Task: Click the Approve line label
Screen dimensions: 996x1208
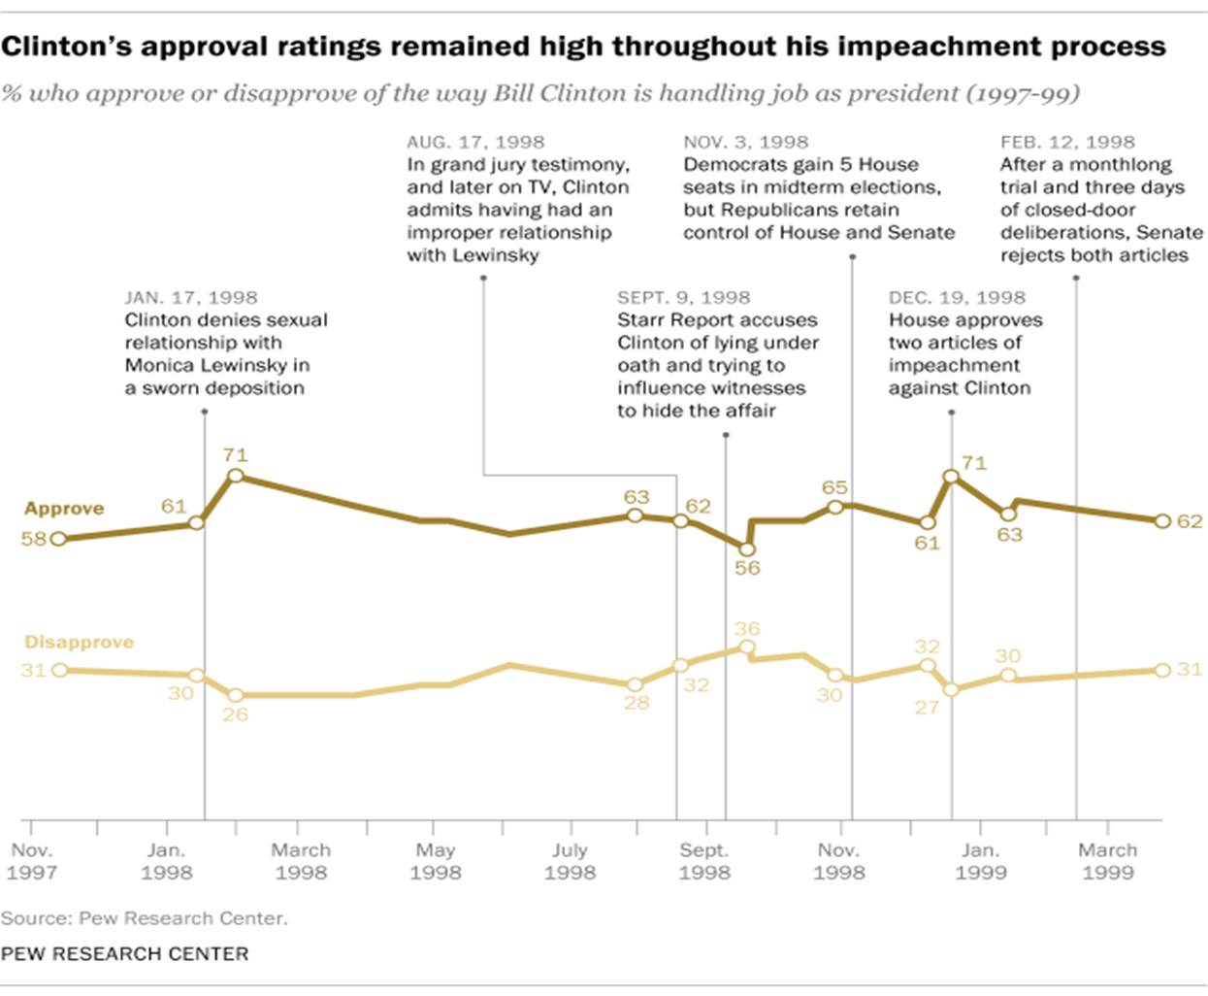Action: [64, 509]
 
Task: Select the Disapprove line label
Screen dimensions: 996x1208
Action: [79, 643]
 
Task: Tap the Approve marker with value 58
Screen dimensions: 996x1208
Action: [58, 539]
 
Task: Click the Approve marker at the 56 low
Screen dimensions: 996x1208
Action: [746, 549]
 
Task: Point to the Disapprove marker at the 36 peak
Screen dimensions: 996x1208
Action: [746, 647]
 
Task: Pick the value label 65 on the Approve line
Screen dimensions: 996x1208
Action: [834, 487]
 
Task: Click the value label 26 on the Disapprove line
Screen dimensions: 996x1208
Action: [235, 714]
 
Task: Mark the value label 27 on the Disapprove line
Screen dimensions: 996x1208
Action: [927, 708]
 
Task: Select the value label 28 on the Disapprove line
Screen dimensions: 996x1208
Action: [636, 702]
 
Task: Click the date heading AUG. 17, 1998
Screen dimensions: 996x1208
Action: [475, 142]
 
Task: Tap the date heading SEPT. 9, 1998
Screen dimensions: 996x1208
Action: [683, 298]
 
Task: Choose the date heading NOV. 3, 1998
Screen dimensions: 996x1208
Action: [745, 142]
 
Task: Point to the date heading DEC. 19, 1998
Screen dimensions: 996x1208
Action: [957, 298]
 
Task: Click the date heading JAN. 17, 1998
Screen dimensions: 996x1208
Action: [191, 298]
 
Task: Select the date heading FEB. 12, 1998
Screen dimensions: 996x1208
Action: [1067, 142]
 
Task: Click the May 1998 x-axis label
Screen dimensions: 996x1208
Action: [435, 861]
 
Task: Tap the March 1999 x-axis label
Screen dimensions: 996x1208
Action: [1107, 861]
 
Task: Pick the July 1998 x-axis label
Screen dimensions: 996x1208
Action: [570, 861]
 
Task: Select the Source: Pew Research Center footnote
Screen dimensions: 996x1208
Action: [144, 918]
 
